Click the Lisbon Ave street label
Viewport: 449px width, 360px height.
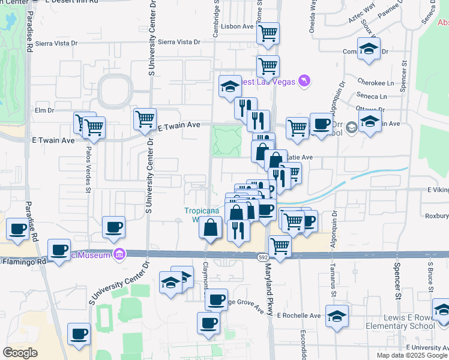[x=237, y=26]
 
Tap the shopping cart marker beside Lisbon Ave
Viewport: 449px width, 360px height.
[x=268, y=34]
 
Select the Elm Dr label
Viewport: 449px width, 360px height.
[x=45, y=110]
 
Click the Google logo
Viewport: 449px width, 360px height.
[x=20, y=352]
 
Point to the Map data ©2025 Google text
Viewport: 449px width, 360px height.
[x=412, y=355]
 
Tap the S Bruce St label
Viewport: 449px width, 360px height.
[x=430, y=278]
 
